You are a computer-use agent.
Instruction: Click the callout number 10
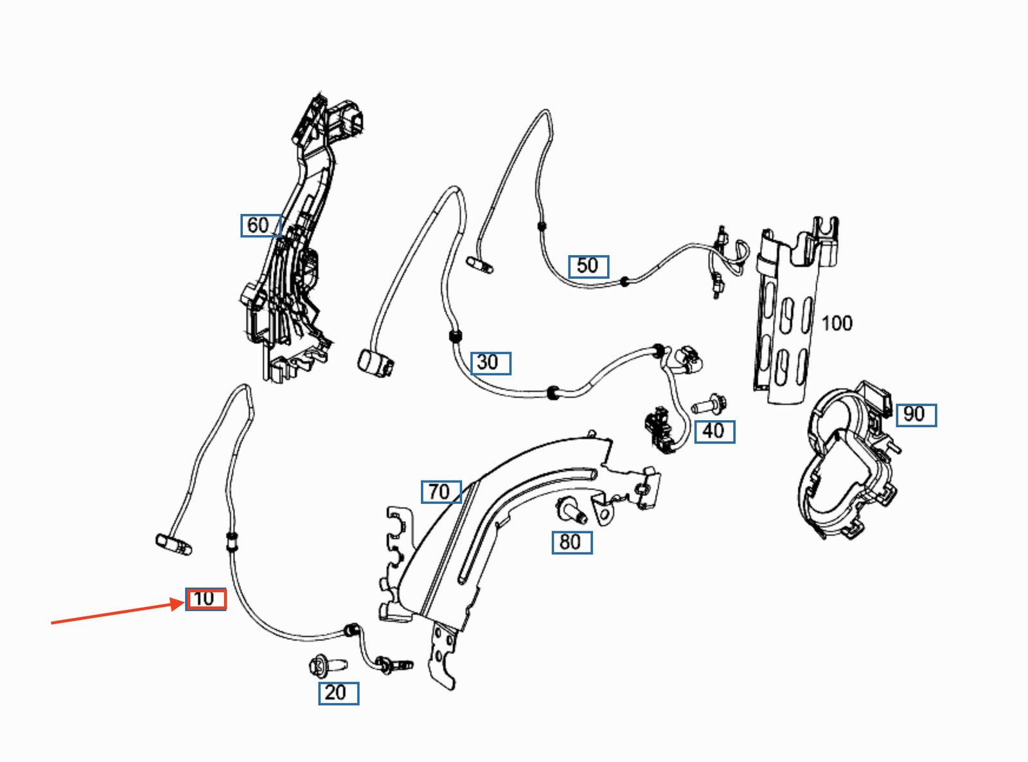tap(206, 599)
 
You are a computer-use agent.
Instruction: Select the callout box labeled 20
tap(339, 693)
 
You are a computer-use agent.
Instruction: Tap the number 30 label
tap(491, 363)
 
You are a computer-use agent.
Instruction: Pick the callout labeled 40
tap(714, 431)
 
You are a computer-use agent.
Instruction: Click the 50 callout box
tap(589, 266)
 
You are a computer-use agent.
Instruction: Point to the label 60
tap(260, 226)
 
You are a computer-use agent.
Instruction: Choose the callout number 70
tap(441, 492)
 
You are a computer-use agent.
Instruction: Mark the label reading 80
tap(572, 542)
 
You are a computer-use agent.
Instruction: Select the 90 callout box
tap(916, 414)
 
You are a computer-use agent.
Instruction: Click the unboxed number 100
tap(837, 323)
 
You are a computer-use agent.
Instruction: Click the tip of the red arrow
tap(184, 602)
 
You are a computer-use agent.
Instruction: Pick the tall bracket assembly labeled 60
tap(292, 257)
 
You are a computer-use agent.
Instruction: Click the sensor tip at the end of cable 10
tap(172, 544)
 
